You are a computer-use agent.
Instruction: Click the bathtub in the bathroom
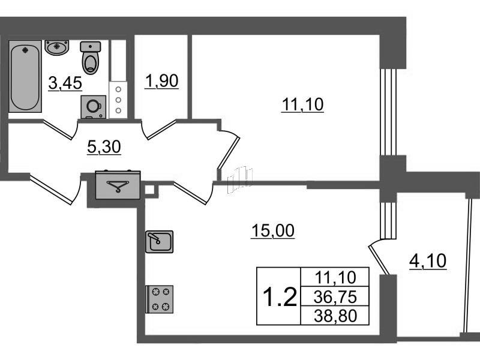(25, 76)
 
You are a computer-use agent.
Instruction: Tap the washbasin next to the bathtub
(57, 47)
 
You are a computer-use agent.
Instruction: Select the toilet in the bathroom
(91, 58)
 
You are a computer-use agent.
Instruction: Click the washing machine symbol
(94, 107)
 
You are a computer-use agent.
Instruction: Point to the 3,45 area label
(65, 83)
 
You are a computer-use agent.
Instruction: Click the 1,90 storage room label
(161, 81)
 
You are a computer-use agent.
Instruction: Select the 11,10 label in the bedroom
(302, 104)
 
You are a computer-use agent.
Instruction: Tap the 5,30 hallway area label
(104, 147)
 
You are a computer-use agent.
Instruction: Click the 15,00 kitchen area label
(273, 230)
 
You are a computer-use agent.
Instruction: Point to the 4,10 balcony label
(428, 261)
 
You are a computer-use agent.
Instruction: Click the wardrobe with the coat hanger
(118, 185)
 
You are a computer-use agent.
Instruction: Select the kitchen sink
(159, 242)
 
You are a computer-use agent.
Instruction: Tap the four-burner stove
(159, 299)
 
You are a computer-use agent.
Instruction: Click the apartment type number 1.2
(280, 296)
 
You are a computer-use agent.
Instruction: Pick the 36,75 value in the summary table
(335, 297)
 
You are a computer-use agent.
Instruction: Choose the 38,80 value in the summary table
(335, 316)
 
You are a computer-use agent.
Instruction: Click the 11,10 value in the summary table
(335, 278)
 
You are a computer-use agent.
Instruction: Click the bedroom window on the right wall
(388, 112)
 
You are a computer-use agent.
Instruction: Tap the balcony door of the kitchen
(379, 257)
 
